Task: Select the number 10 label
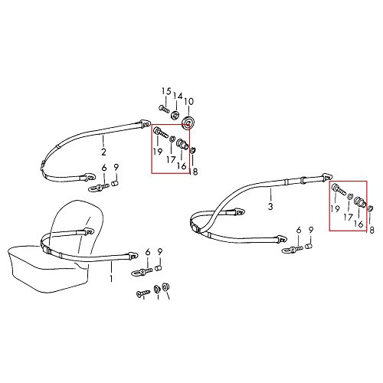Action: pos(189,100)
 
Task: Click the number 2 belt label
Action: pos(103,141)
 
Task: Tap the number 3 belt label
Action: pos(270,206)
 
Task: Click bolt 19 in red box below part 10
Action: pos(159,135)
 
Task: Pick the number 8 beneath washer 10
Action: pos(195,172)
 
